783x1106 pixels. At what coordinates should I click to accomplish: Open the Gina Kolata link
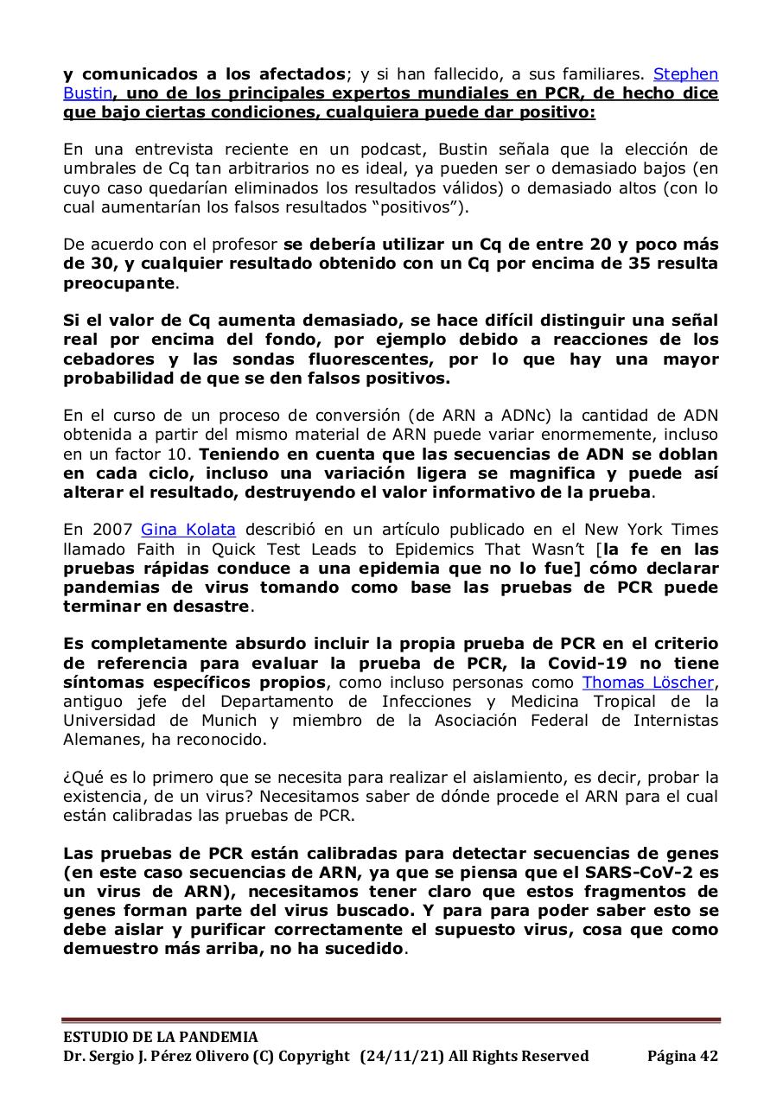coord(188,529)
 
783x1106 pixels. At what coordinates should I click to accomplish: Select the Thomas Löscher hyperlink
coord(650,683)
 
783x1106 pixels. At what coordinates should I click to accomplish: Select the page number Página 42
coord(682,1056)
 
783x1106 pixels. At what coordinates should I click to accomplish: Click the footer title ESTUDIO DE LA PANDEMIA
coord(160,1037)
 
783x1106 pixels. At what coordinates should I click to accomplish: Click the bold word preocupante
coord(119,283)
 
